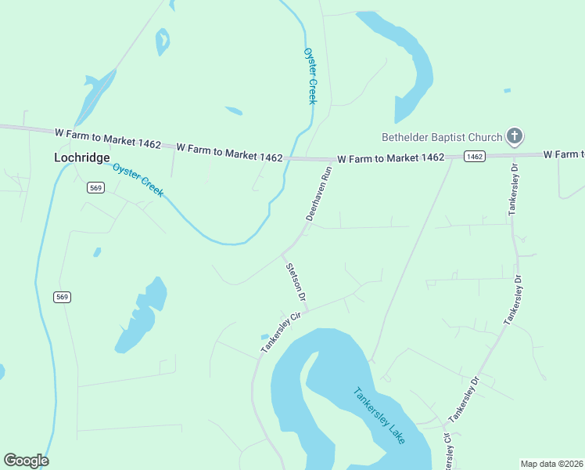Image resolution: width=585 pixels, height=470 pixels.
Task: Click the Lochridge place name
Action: tap(81, 157)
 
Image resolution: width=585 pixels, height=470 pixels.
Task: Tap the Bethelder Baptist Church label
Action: tap(441, 137)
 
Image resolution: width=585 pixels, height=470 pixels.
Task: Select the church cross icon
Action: tap(514, 137)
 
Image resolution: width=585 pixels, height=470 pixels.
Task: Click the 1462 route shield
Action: tap(474, 157)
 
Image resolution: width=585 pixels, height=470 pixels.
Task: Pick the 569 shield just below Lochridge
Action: tap(95, 187)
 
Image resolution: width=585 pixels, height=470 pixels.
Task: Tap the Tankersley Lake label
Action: tap(379, 415)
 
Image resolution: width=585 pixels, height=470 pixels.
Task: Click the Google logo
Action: tap(26, 461)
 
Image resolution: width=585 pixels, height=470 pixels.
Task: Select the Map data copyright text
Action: tap(552, 464)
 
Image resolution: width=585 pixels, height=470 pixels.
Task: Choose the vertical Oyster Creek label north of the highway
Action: tap(310, 75)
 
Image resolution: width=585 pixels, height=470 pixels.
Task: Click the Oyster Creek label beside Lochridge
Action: tap(138, 180)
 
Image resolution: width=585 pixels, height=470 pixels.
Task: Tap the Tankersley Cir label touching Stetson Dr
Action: tap(282, 333)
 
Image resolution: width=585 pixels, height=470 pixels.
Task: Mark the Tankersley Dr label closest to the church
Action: tap(514, 190)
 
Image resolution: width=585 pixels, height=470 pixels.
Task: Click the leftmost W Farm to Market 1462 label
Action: tap(108, 139)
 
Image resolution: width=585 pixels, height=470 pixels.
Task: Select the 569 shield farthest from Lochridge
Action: tap(63, 297)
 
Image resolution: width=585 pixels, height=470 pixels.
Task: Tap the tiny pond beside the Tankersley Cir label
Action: tap(264, 338)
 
